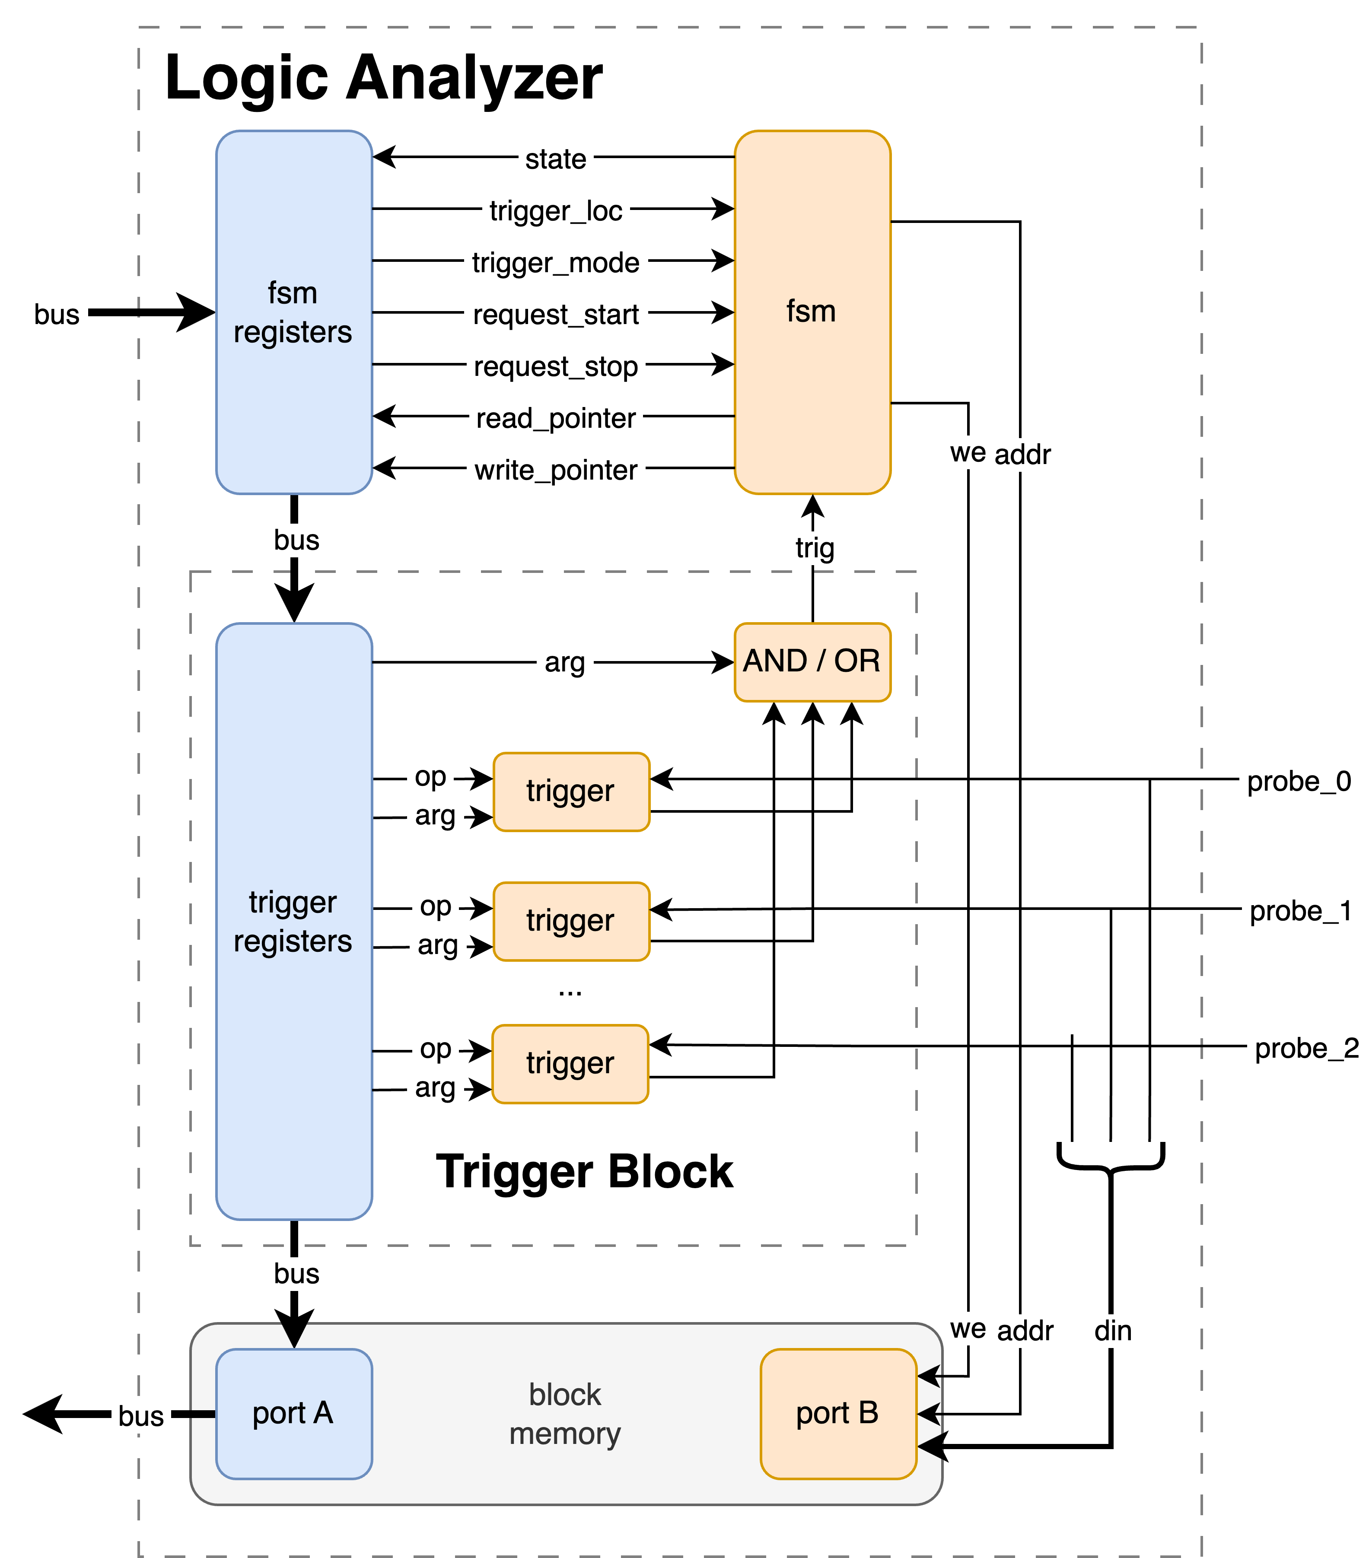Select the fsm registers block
point(293,312)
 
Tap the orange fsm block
point(812,312)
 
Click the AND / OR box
point(812,661)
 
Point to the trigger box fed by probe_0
point(571,791)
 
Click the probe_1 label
point(1300,911)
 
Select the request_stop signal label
point(556,367)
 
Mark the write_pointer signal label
point(556,471)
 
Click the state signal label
point(556,159)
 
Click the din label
point(1113,1331)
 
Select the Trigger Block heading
point(584,1172)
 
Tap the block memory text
point(565,1414)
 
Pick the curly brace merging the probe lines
point(1111,1159)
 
